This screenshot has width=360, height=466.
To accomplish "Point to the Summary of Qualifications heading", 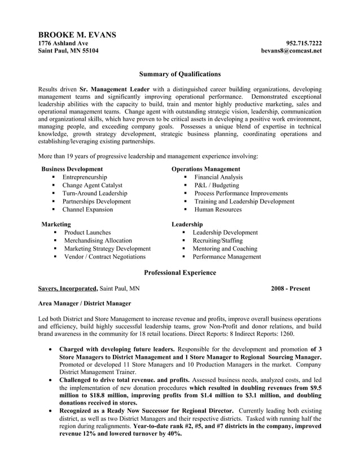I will pyautogui.click(x=179, y=74).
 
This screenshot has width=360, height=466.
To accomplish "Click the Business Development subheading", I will pyautogui.click(x=72, y=169).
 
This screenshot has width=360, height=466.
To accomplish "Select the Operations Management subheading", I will pyautogui.click(x=205, y=169).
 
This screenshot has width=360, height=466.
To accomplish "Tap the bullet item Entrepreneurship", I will pyautogui.click(x=85, y=177).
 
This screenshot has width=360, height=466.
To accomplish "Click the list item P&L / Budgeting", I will pyautogui.click(x=217, y=185).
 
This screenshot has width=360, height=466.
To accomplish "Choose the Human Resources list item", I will pyautogui.click(x=218, y=209).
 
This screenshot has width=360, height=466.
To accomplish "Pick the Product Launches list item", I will pyautogui.click(x=87, y=232).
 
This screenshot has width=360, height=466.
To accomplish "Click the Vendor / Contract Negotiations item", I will pyautogui.click(x=104, y=257).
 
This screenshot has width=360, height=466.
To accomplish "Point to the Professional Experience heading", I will pyautogui.click(x=179, y=273).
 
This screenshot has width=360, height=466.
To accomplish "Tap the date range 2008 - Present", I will pyautogui.click(x=290, y=289).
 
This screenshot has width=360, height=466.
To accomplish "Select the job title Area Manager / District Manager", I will pyautogui.click(x=84, y=304).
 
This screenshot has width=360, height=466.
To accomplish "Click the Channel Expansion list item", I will pyautogui.click(x=87, y=209).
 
